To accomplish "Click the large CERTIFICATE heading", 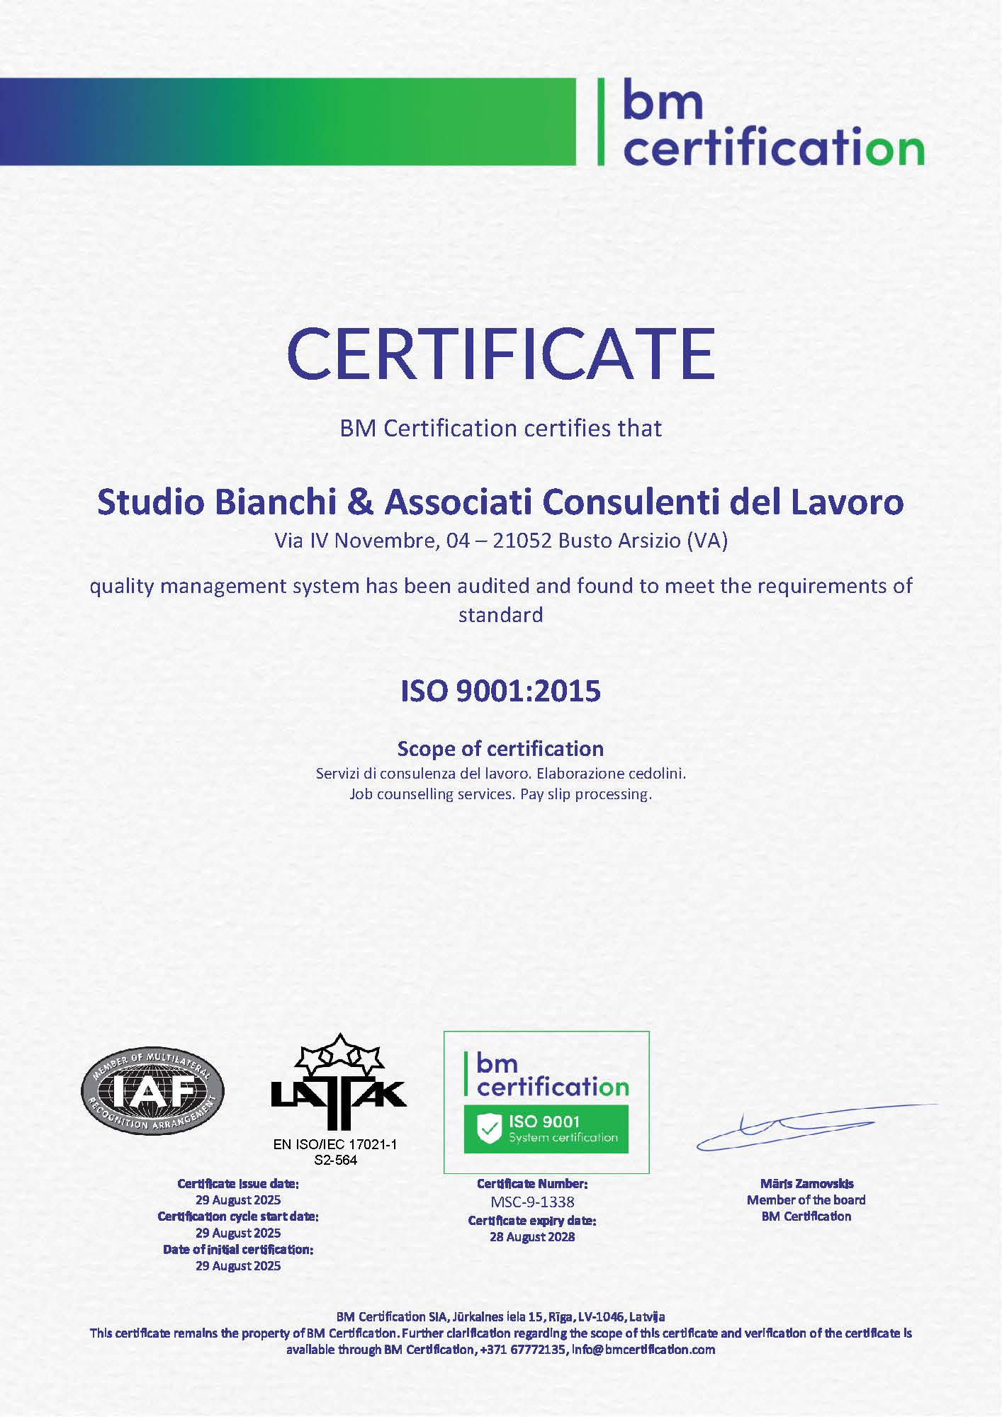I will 501,354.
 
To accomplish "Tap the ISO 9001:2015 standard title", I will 501,691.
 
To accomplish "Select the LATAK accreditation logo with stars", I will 338,1082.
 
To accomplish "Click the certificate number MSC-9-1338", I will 532,1202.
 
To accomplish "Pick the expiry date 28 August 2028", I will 532,1237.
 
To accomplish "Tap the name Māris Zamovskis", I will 806,1183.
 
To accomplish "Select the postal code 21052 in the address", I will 522,541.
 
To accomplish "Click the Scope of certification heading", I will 501,749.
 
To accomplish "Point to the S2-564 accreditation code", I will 335,1160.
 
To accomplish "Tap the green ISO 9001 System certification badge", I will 546,1129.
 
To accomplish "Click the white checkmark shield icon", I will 489,1129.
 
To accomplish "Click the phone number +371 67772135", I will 523,1350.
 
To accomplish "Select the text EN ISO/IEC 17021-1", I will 335,1144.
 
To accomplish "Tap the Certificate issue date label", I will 238,1183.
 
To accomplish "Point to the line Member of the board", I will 806,1199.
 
